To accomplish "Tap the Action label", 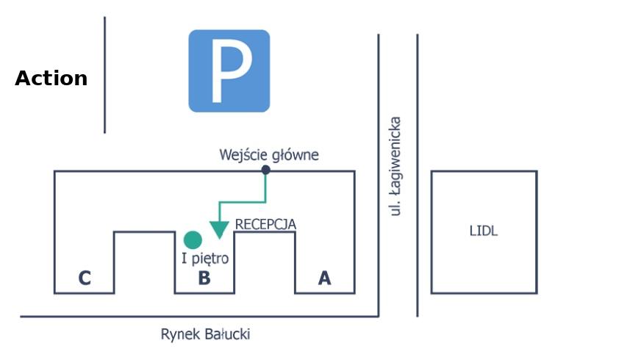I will pyautogui.click(x=51, y=79).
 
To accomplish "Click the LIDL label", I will pyautogui.click(x=484, y=231).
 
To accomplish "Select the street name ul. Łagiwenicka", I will pyautogui.click(x=396, y=166).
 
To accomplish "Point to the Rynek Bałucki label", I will pyautogui.click(x=206, y=334).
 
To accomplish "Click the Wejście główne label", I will pyautogui.click(x=269, y=155).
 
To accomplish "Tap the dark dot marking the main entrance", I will pyautogui.click(x=265, y=170).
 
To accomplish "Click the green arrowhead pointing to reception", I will pyautogui.click(x=219, y=230).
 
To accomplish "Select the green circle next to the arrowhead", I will pyautogui.click(x=193, y=240).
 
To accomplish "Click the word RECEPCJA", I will pyautogui.click(x=265, y=224).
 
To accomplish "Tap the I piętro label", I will pyautogui.click(x=205, y=259).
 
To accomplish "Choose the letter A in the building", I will pyautogui.click(x=324, y=278).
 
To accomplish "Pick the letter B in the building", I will pyautogui.click(x=204, y=278).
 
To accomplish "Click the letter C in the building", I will pyautogui.click(x=85, y=278).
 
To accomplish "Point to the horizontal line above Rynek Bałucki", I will pyautogui.click(x=198, y=317).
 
